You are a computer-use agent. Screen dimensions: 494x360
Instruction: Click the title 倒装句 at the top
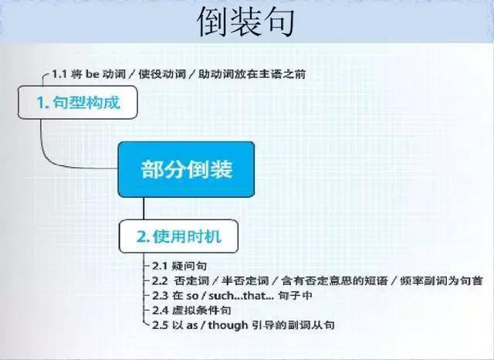pyautogui.click(x=246, y=22)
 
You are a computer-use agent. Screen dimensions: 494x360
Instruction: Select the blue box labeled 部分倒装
pyautogui.click(x=186, y=169)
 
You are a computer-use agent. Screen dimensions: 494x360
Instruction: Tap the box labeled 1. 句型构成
pyautogui.click(x=77, y=102)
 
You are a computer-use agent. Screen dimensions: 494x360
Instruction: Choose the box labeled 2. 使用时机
pyautogui.click(x=178, y=236)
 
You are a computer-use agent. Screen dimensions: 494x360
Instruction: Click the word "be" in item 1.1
pyautogui.click(x=93, y=74)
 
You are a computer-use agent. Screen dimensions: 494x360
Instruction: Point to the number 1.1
pyautogui.click(x=59, y=74)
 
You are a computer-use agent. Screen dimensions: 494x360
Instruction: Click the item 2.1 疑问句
pyautogui.click(x=179, y=266)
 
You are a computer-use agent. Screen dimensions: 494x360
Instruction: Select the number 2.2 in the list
pyautogui.click(x=160, y=280)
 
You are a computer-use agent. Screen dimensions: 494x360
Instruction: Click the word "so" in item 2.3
pyautogui.click(x=192, y=297)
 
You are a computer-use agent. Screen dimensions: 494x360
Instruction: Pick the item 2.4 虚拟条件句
pyautogui.click(x=191, y=311)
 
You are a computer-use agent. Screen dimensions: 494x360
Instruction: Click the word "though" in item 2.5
pyautogui.click(x=228, y=325)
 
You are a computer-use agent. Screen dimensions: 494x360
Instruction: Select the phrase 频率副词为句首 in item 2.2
pyautogui.click(x=441, y=280)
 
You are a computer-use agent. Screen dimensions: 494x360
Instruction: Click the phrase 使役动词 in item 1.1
pyautogui.click(x=162, y=74)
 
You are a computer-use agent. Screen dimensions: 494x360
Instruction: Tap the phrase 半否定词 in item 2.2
pyautogui.click(x=245, y=280)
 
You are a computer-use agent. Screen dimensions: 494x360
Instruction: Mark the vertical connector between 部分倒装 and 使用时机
pyautogui.click(x=144, y=209)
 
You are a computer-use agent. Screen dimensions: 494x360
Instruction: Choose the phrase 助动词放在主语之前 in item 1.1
pyautogui.click(x=252, y=74)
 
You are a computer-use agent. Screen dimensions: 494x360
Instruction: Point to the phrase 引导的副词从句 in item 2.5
pyautogui.click(x=293, y=325)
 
